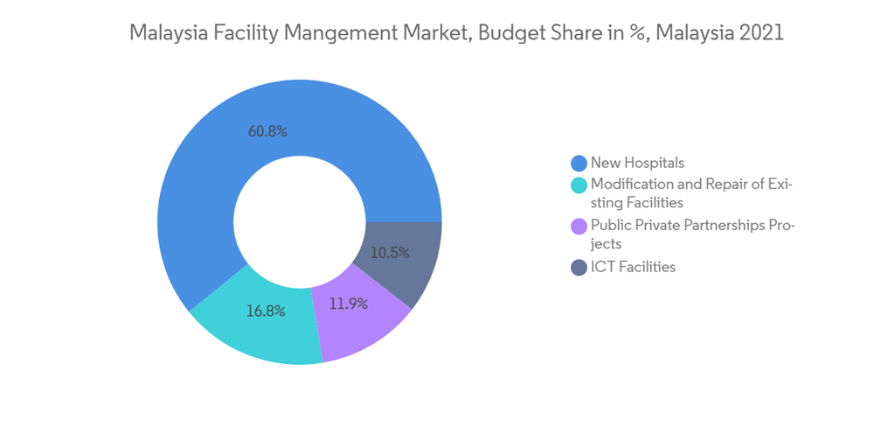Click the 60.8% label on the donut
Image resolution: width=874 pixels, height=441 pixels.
coord(267,131)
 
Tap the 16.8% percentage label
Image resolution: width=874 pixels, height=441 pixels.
coord(267,311)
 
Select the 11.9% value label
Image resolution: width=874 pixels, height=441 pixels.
coord(349,304)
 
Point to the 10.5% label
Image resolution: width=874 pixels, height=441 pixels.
coord(390,252)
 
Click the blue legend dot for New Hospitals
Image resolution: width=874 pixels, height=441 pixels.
coord(578,163)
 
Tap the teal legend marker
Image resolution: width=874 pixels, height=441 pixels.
coord(578,185)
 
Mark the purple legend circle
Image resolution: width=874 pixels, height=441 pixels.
coord(578,227)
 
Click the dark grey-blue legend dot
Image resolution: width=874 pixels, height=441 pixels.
coord(578,268)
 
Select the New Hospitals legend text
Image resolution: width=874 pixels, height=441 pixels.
coord(637,163)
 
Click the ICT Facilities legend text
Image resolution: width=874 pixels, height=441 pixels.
coord(633,268)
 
